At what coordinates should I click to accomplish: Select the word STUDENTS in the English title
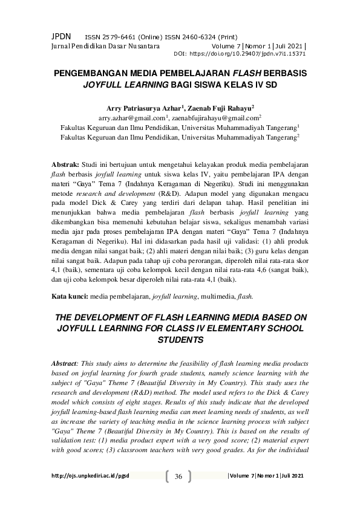tap(180, 340)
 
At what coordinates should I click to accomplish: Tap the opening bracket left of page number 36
tap(167, 477)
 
